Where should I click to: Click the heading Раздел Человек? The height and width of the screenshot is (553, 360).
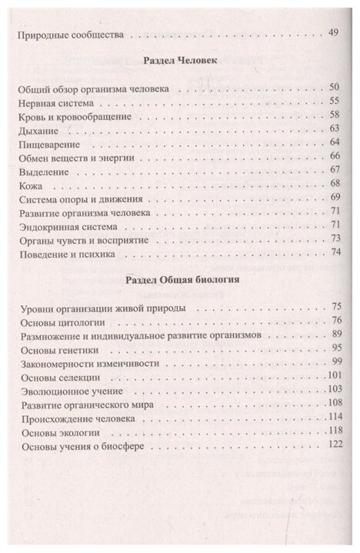tap(179, 61)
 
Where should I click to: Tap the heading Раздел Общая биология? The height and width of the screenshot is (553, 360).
tap(179, 280)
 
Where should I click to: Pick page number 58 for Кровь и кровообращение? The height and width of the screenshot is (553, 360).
tap(335, 115)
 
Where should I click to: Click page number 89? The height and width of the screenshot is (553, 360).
tap(335, 336)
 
